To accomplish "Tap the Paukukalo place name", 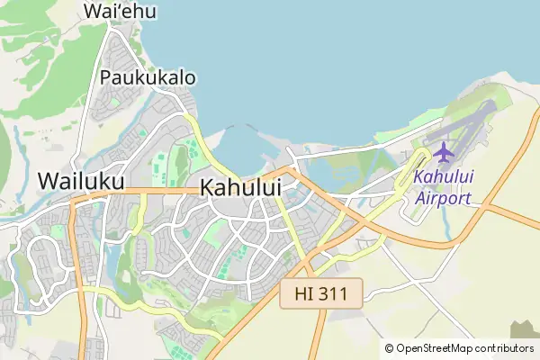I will click(x=148, y=77).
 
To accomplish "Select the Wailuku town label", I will click(x=81, y=181).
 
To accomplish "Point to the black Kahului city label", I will click(x=240, y=188).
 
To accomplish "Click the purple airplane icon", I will click(x=444, y=150).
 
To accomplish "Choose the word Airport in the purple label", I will click(x=444, y=197).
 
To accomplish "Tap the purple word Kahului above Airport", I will click(x=444, y=177).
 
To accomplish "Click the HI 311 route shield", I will click(x=321, y=293).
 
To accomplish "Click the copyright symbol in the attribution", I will click(x=389, y=348).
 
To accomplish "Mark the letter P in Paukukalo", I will click(x=107, y=77).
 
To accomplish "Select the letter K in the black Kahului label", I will click(x=207, y=188).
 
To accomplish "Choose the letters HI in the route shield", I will click(x=301, y=293).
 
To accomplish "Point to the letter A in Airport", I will click(x=421, y=197).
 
